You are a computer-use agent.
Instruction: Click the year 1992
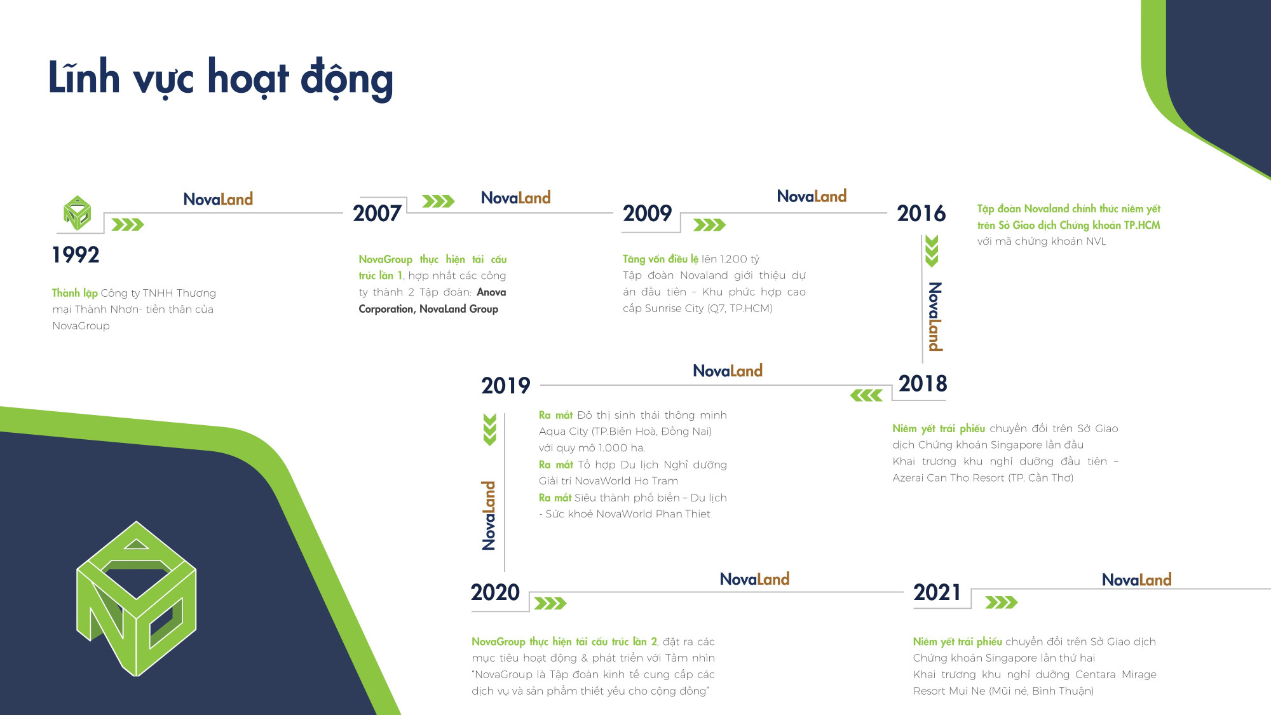76,255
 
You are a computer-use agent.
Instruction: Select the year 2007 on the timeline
377,214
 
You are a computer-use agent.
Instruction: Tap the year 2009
647,214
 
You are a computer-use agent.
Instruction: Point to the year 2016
921,214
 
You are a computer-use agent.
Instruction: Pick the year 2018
923,384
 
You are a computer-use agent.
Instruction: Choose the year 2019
505,386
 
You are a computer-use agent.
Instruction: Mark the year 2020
495,592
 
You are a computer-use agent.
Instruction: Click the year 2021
937,592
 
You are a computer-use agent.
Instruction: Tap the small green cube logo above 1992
77,213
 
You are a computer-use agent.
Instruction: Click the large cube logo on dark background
136,599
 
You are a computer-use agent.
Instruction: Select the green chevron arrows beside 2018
866,395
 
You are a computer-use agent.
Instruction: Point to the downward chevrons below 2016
932,251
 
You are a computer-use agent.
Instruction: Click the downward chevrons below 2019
489,430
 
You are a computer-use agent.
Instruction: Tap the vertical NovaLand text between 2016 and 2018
935,317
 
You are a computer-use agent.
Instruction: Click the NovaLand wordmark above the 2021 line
1136,580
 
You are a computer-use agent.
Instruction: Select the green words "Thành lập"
75,293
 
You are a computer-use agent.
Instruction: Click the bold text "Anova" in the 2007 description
491,292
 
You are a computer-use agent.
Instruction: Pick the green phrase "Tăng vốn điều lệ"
660,259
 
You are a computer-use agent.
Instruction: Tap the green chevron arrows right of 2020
550,603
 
